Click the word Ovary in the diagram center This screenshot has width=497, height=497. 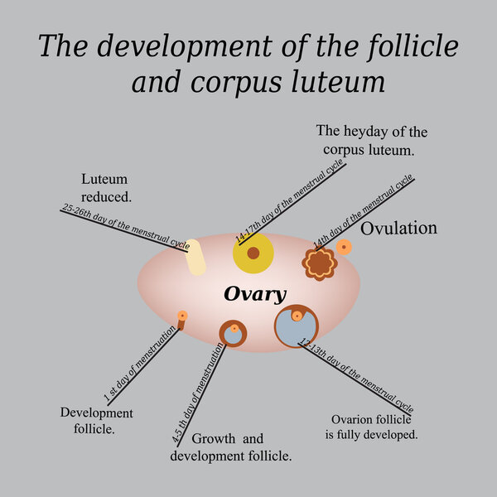255,294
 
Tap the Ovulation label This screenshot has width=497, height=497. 399,228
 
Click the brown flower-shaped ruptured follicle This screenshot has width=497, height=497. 319,264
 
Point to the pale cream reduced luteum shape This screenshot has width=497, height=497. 195,257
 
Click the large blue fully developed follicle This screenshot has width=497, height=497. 297,328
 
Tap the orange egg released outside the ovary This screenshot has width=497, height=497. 344,247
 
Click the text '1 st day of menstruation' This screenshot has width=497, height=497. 140,363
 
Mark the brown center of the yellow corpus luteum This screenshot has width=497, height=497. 253,253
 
